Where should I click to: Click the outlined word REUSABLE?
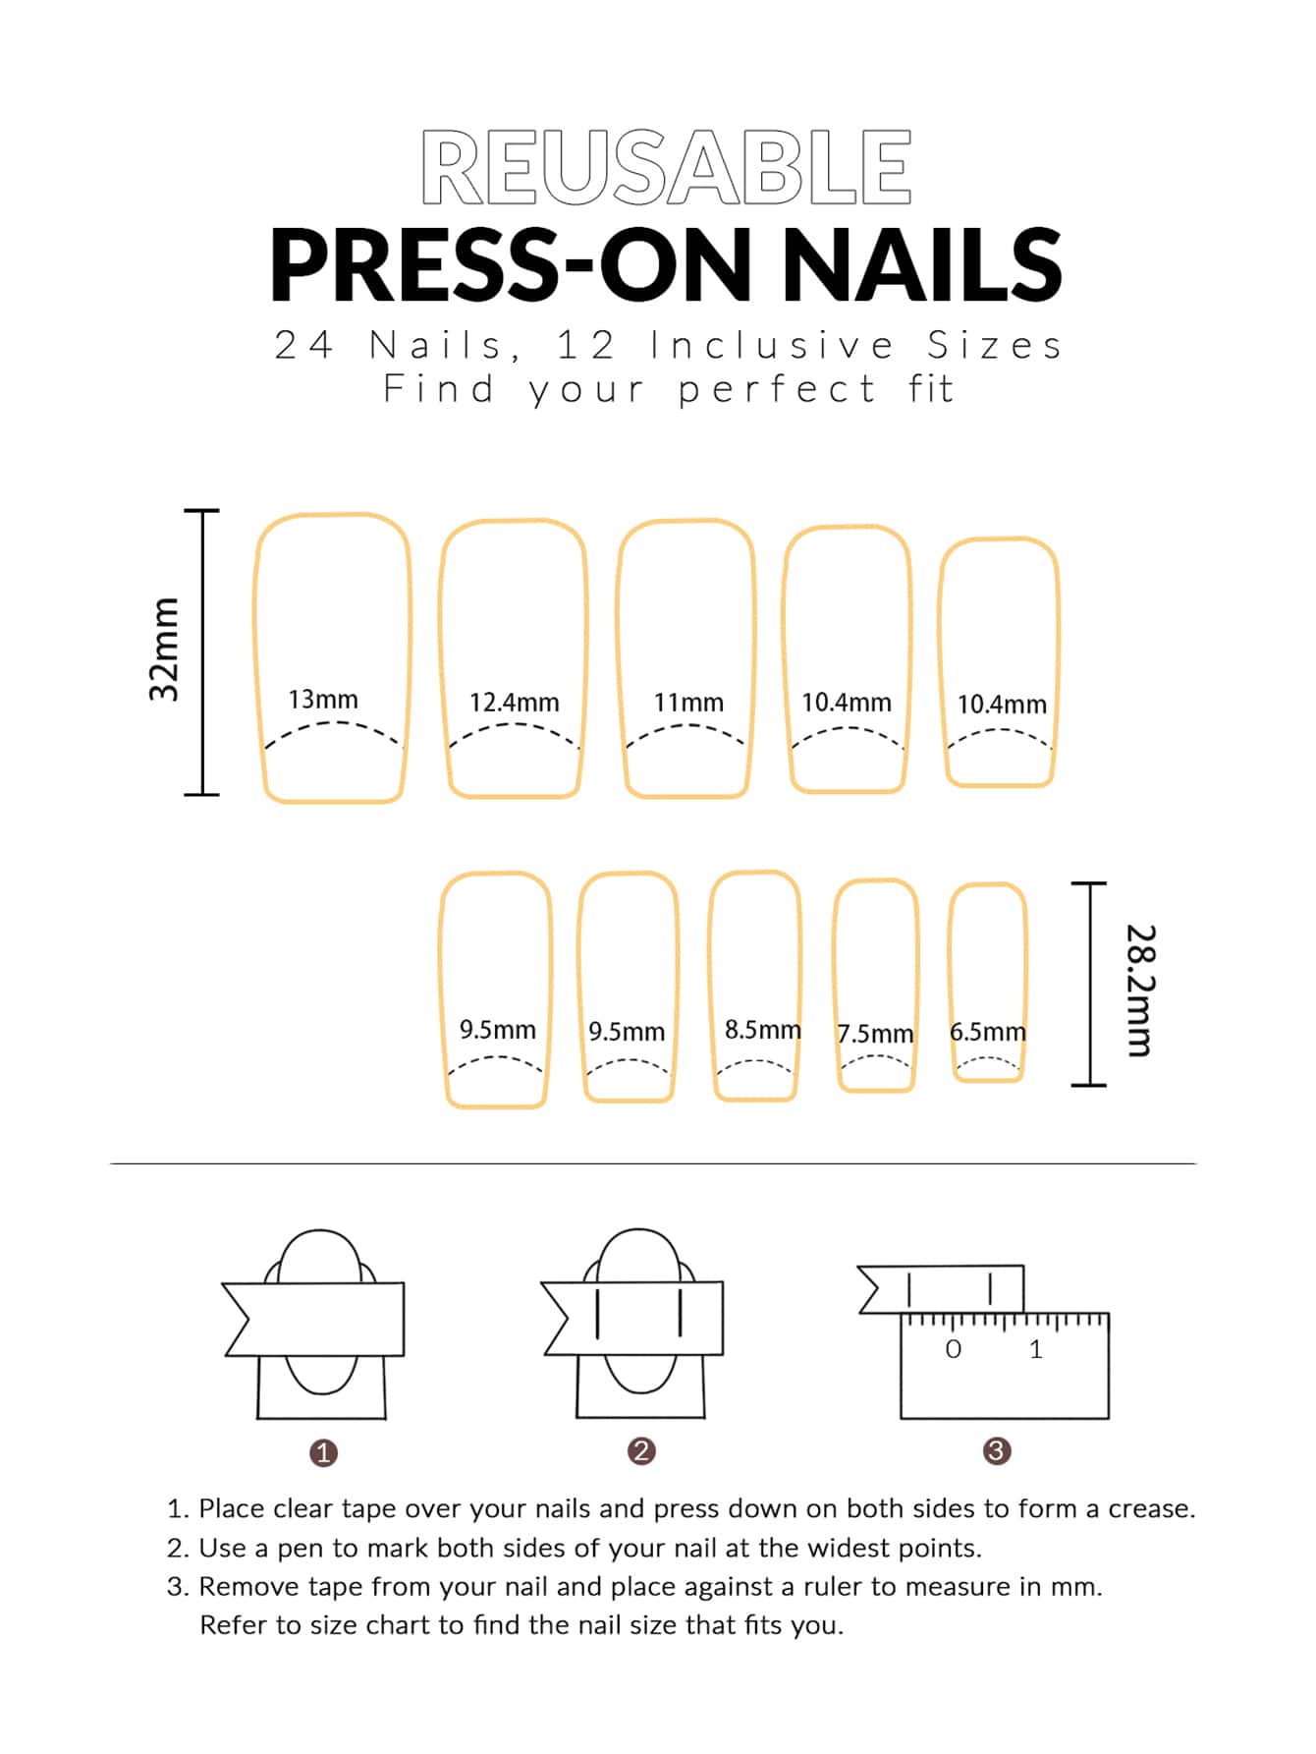667,168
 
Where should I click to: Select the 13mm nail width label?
323,700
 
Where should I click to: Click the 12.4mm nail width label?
514,703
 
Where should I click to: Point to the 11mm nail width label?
688,703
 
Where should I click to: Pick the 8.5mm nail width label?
763,1030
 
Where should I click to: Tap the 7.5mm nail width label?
875,1034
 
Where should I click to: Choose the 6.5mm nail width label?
988,1032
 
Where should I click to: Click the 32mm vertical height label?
164,650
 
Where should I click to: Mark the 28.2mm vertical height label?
1139,990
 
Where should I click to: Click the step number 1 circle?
323,1452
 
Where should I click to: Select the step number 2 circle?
641,1451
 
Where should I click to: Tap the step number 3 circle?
997,1450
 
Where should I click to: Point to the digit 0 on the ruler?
953,1349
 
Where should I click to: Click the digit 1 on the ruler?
1036,1349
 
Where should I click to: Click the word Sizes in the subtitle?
995,345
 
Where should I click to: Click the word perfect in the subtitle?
777,389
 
